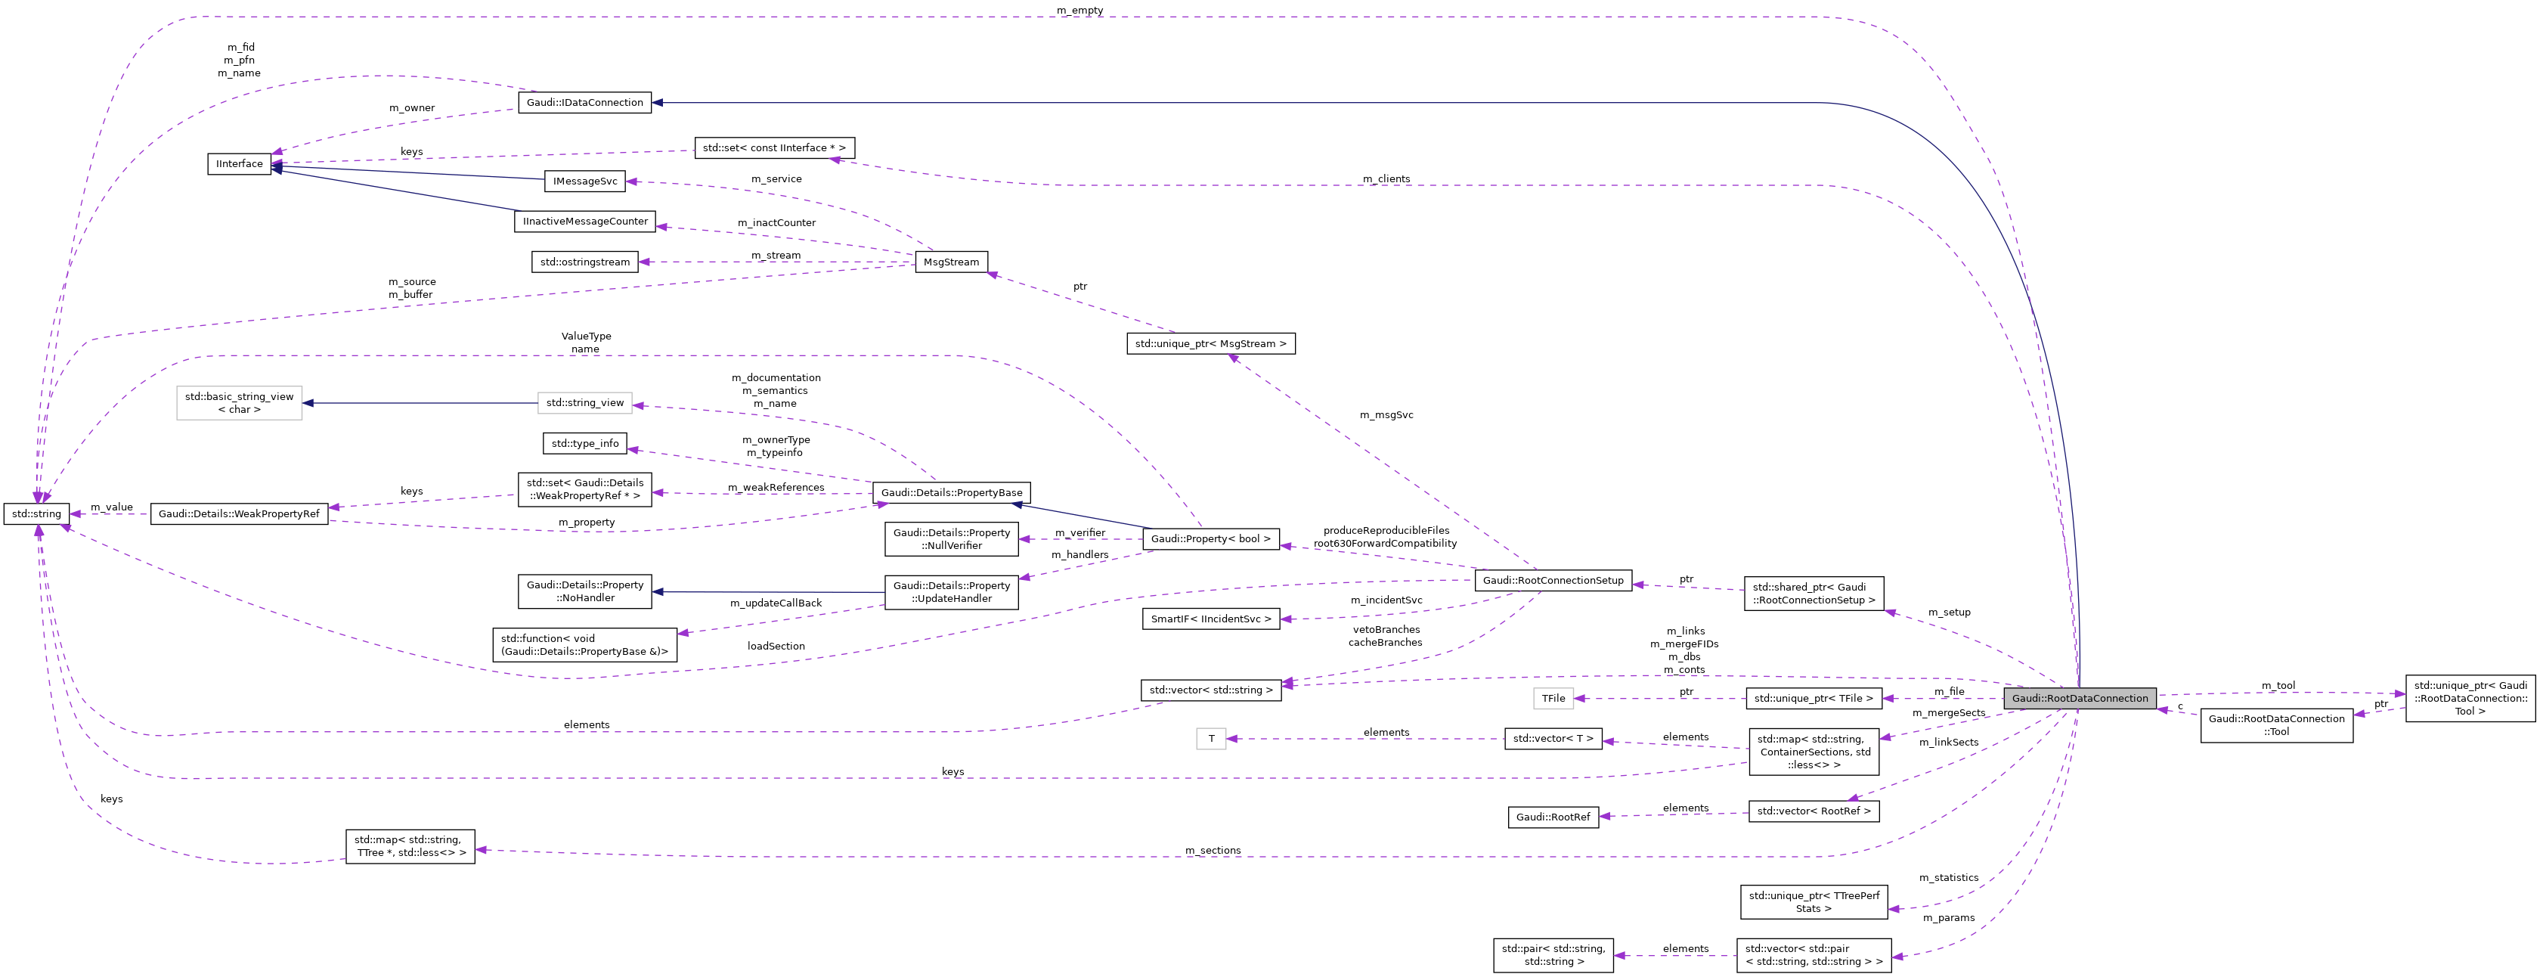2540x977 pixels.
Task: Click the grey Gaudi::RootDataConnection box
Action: tap(2079, 698)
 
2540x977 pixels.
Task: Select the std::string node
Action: tap(36, 513)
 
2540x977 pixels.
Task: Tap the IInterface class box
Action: tap(239, 163)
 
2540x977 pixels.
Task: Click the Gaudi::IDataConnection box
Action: tap(584, 103)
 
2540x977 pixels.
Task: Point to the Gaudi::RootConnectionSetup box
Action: tap(1553, 581)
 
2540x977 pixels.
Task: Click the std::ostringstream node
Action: tap(584, 262)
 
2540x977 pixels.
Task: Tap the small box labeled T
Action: tap(1211, 738)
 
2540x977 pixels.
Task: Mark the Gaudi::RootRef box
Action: tap(1552, 817)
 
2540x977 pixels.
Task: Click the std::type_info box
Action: tap(584, 444)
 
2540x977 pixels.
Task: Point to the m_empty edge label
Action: tap(1079, 11)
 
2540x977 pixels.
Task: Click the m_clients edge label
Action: tap(1386, 179)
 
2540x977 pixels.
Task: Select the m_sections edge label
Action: tap(1212, 851)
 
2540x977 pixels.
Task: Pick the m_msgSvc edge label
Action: tap(1386, 415)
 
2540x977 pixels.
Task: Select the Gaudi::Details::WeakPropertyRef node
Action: tap(239, 513)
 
